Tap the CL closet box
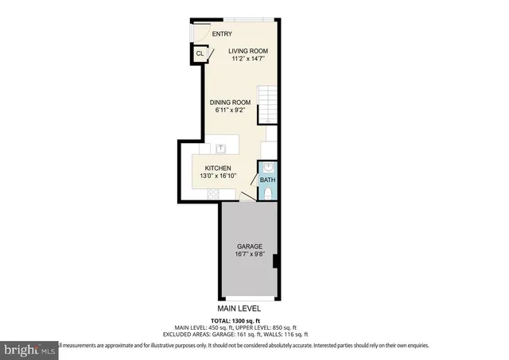click(x=200, y=54)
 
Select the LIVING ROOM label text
click(x=249, y=51)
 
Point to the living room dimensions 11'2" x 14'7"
click(x=249, y=59)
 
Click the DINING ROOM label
click(x=230, y=103)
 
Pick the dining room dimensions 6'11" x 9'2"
click(x=230, y=110)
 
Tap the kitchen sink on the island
click(x=222, y=148)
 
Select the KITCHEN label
click(x=218, y=168)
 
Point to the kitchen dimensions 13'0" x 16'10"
click(x=218, y=176)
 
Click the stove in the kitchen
click(x=268, y=149)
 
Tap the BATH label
click(x=267, y=180)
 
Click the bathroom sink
click(x=268, y=167)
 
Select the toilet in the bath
click(x=268, y=193)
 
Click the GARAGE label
click(x=248, y=246)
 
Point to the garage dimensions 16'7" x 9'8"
click(x=248, y=255)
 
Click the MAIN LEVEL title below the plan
click(x=239, y=308)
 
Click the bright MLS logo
click(x=29, y=348)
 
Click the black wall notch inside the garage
click(x=274, y=261)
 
